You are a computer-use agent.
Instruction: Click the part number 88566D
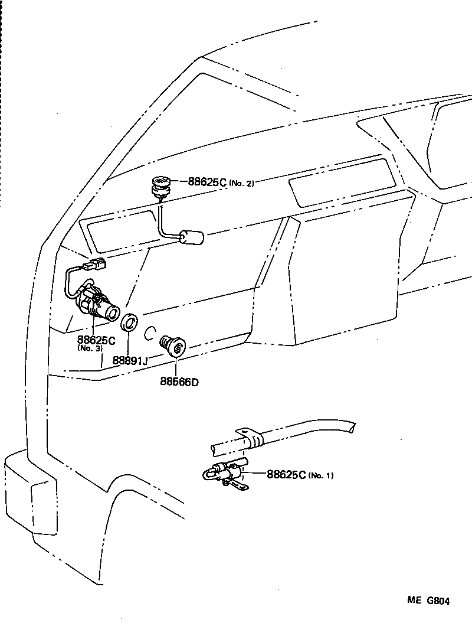point(179,382)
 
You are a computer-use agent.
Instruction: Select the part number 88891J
point(130,360)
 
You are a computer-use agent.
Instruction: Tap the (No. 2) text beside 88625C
point(241,184)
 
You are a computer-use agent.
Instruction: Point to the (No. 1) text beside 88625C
point(320,475)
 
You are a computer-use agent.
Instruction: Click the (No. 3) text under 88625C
point(90,348)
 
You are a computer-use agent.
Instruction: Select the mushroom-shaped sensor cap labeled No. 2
point(160,184)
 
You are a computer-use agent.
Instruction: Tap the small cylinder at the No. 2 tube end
point(192,238)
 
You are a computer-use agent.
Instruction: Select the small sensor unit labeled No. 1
point(226,472)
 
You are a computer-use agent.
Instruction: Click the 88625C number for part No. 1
point(286,474)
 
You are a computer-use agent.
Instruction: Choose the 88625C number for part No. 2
point(207,182)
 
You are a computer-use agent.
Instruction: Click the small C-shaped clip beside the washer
point(150,334)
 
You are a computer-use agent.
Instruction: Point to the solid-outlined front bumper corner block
point(29,496)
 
